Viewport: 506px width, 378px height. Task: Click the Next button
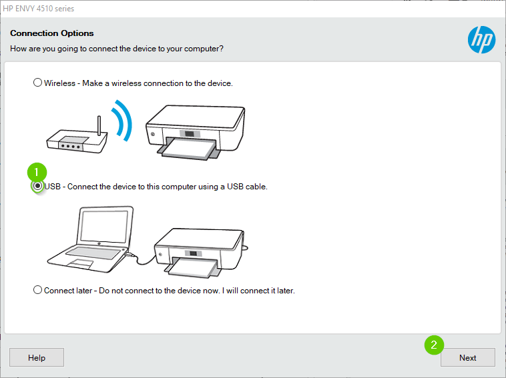tap(467, 357)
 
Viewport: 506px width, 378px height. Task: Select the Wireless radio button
tap(37, 83)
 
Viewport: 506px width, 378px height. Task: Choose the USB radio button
tap(38, 187)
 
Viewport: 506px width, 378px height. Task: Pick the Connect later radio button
tap(37, 290)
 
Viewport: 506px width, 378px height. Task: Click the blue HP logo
tap(481, 39)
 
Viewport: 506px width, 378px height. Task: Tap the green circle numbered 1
tap(37, 171)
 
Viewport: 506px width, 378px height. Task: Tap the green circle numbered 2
tap(434, 345)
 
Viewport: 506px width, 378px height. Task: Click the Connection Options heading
tap(52, 33)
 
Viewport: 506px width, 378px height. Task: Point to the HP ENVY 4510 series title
tap(38, 9)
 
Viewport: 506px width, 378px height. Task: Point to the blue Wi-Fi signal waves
tap(121, 120)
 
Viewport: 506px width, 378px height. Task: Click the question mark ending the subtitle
tap(221, 49)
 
